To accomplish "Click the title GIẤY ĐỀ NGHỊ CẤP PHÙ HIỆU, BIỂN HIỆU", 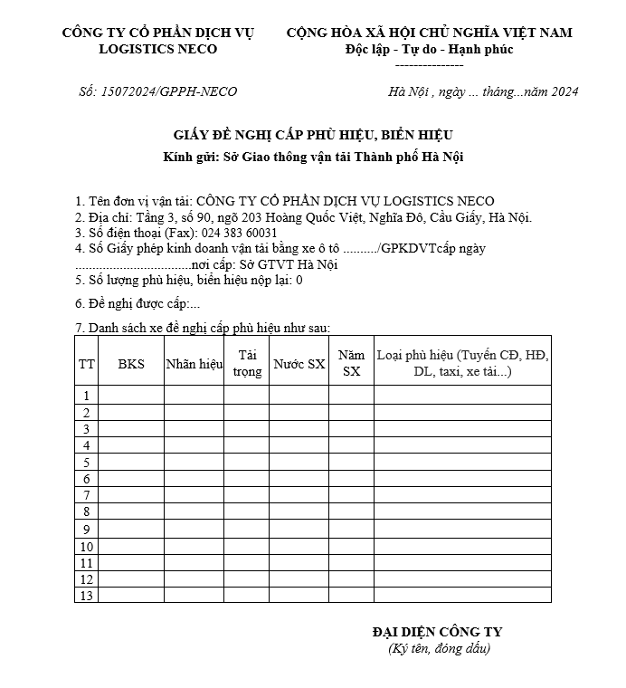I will tap(313, 135).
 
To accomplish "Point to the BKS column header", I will tap(131, 364).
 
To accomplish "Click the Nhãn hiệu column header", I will tap(194, 364).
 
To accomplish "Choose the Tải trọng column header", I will tap(246, 364).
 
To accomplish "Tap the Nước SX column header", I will tap(299, 364).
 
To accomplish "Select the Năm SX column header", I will tap(351, 364).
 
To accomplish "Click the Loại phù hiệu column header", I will tap(462, 364).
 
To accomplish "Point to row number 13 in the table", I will tap(87, 596).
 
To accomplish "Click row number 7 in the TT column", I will tap(87, 495).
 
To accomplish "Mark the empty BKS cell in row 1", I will tap(131, 396).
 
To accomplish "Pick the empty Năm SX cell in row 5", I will tap(351, 462).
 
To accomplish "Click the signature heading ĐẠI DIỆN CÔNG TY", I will tap(437, 632).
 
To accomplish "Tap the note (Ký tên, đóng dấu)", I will tap(438, 648).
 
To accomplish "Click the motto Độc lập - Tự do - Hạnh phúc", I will tap(429, 49).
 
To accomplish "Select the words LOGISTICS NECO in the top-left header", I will tap(158, 49).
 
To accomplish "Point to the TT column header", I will tap(87, 364).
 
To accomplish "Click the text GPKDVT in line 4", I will tap(410, 248).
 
